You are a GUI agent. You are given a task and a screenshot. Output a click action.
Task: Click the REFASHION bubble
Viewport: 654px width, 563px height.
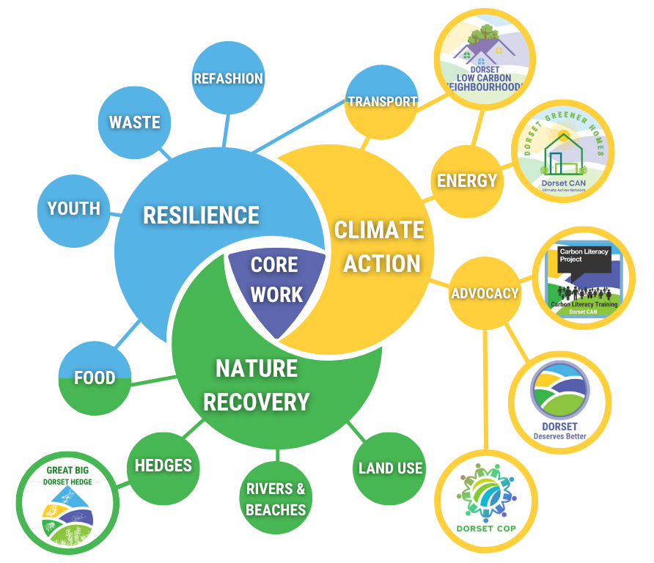[x=228, y=78]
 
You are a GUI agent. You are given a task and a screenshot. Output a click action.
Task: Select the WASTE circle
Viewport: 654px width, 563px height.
[x=134, y=122]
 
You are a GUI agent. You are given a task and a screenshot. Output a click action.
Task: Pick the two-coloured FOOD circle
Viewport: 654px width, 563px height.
[x=95, y=378]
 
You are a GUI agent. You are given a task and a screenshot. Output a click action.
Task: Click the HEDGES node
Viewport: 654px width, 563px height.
[x=163, y=468]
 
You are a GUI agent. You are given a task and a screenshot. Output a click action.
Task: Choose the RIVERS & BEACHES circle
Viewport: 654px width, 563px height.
[x=276, y=498]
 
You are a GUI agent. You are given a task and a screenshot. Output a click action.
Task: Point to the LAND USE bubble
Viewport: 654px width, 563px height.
[x=389, y=468]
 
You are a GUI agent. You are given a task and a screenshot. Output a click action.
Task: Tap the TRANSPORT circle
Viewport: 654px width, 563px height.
[x=382, y=102]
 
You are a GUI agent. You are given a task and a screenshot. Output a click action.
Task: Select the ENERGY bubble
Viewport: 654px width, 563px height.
[x=467, y=181]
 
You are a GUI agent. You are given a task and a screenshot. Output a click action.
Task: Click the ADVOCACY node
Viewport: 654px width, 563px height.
[x=485, y=293]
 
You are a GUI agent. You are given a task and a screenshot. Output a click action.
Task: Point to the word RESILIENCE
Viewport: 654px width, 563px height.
[x=201, y=216]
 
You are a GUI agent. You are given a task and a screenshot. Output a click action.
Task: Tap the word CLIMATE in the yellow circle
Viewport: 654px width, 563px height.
[x=379, y=230]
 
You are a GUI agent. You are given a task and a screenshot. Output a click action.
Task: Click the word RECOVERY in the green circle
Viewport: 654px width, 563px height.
[x=256, y=402]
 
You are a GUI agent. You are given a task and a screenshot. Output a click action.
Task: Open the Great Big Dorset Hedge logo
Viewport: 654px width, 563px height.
[x=67, y=504]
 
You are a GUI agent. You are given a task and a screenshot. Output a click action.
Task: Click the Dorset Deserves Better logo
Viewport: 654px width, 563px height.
[x=559, y=402]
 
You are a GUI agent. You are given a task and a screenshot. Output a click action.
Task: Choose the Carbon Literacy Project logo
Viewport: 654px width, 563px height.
[x=584, y=278]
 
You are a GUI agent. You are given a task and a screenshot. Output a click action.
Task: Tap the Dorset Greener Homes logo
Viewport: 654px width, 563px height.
[x=563, y=151]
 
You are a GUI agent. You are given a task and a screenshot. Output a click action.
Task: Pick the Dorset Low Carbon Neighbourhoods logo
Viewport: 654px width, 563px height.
[x=485, y=59]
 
